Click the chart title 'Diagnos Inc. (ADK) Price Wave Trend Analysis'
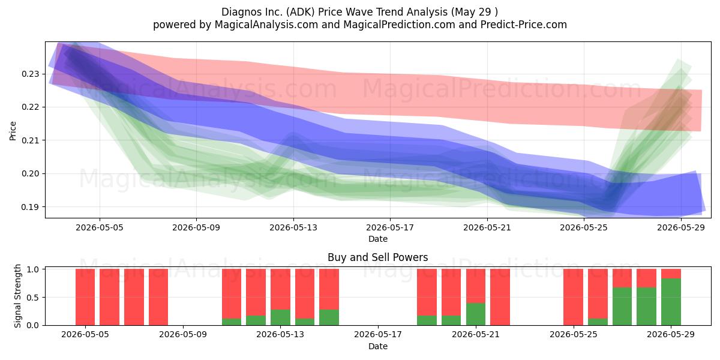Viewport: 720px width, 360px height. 335,12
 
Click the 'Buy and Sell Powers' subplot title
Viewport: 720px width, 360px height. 377,257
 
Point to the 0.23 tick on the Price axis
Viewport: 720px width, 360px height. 30,74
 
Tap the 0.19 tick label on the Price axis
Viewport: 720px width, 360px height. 30,207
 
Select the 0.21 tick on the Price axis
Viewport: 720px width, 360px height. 30,140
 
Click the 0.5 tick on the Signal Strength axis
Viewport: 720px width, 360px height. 33,298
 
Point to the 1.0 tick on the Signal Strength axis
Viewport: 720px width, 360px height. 33,269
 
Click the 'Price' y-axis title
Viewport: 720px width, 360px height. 13,131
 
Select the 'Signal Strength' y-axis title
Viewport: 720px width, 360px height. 17,296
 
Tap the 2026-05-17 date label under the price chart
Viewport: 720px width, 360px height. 390,227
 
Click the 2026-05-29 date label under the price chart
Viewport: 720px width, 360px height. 681,227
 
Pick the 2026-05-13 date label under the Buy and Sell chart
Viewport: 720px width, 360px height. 280,335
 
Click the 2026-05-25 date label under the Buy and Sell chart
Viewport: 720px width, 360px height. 574,335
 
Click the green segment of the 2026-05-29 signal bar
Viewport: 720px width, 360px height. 671,302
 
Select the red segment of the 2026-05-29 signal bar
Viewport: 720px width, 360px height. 671,274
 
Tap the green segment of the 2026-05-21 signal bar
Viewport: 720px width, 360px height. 476,314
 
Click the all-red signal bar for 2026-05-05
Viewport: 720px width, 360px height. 85,297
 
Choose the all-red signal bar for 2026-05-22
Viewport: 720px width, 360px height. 500,297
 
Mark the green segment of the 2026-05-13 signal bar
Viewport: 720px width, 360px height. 280,317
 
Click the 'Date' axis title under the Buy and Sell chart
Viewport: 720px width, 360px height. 377,346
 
